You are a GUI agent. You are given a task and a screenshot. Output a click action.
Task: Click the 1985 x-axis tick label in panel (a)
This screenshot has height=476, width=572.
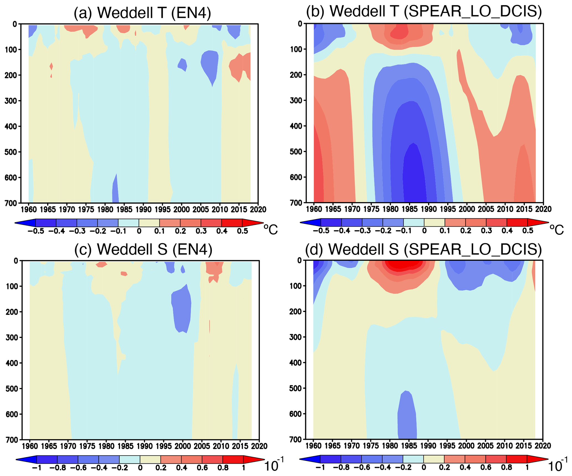(x=124, y=209)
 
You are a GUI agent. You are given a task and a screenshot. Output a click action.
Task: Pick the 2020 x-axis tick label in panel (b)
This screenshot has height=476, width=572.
(x=543, y=209)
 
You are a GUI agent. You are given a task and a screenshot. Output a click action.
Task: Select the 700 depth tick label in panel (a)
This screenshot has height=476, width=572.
(x=11, y=203)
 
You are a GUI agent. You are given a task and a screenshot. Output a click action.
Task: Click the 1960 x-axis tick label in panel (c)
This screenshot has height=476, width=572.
(x=30, y=446)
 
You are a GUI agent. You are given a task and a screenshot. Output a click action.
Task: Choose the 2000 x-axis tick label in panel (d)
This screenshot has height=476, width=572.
(x=466, y=446)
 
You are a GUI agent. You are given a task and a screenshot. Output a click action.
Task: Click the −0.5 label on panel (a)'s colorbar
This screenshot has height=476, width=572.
(x=36, y=231)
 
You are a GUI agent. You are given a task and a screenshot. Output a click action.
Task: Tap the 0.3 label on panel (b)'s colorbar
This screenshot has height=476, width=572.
(x=486, y=230)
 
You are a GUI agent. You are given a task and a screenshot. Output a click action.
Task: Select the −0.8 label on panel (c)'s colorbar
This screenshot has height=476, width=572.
(x=58, y=467)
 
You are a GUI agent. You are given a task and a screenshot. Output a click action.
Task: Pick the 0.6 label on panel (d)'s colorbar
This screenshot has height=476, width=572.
(x=486, y=467)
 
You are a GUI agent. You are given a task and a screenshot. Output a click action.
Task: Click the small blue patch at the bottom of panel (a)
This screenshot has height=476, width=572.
(x=115, y=191)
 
